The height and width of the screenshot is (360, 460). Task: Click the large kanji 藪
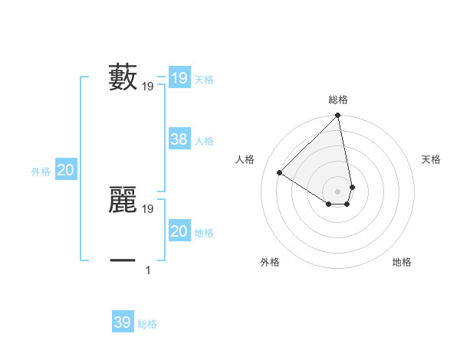coord(123,78)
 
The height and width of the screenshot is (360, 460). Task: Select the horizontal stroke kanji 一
coord(123,261)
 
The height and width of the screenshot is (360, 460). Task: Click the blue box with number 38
coord(179,139)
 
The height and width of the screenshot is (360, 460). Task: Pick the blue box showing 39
coord(123,322)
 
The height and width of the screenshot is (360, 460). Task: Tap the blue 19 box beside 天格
coord(179,78)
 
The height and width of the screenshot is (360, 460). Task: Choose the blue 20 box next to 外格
coord(65,170)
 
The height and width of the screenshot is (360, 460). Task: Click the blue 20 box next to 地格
coord(179,231)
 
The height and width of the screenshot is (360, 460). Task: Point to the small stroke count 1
coord(148,270)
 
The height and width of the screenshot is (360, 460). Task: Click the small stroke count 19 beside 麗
coord(148,208)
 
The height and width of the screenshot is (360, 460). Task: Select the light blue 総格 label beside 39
coord(147,324)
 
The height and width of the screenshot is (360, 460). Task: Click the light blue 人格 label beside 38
coord(204,141)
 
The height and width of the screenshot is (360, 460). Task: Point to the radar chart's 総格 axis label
coord(338,100)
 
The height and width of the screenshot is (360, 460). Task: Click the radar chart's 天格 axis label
coord(431,159)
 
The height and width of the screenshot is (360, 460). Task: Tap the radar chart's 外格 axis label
coord(270,262)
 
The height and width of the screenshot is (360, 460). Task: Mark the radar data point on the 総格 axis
coord(338,116)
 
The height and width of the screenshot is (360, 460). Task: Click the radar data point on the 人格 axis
coord(280,172)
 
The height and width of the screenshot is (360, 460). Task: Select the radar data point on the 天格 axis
coord(352,187)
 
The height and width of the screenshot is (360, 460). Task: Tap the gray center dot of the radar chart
coord(338,191)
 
